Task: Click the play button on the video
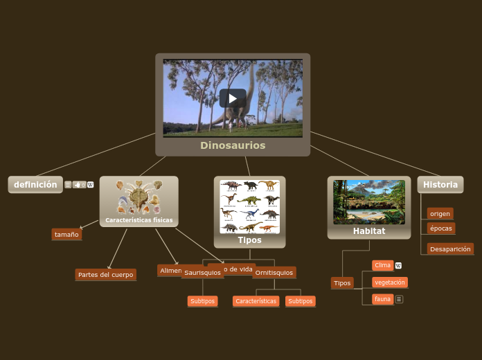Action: pos(233,98)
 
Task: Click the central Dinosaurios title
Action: pos(233,145)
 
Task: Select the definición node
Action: pos(35,185)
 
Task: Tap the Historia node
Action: pos(440,185)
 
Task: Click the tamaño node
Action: pos(66,235)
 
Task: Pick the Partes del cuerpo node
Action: pos(105,275)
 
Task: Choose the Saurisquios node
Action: pos(202,273)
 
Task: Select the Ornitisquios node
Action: pos(274,273)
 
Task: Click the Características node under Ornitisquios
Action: pos(256,301)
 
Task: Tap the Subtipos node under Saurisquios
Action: pos(202,301)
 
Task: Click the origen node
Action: pos(440,214)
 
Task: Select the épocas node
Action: pos(441,228)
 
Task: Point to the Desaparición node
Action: pos(450,249)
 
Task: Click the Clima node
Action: pos(382,265)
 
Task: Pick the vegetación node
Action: pos(389,282)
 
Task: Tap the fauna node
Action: pos(382,299)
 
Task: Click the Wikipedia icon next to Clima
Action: pos(398,266)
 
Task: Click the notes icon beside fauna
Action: pos(399,299)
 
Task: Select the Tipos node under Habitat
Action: pos(342,283)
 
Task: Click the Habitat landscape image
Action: pos(369,202)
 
